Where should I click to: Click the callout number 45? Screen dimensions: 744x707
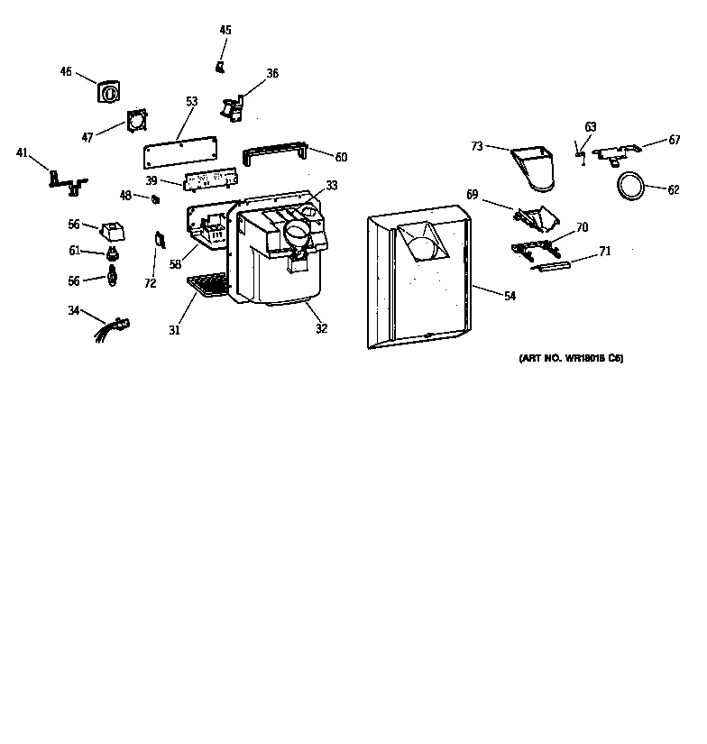(x=225, y=31)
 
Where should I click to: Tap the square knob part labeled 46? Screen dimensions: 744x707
(x=108, y=92)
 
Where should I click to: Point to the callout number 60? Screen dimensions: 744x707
(x=340, y=158)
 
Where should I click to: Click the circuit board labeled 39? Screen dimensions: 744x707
(x=208, y=181)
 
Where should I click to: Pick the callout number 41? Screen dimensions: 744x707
(x=23, y=153)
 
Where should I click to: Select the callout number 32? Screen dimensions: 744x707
(x=321, y=329)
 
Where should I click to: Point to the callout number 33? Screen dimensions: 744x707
(x=332, y=186)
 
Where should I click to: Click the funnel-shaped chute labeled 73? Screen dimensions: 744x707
(x=536, y=169)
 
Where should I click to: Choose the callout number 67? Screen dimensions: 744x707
(x=675, y=140)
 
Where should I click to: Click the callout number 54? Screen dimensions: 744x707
(x=510, y=296)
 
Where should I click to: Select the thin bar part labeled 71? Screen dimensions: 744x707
(x=553, y=264)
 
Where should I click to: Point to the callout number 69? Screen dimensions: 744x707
(x=472, y=194)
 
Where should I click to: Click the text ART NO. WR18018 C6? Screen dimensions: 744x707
(x=571, y=359)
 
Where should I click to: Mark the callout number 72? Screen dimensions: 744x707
(x=150, y=283)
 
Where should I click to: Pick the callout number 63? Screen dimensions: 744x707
(x=591, y=127)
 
